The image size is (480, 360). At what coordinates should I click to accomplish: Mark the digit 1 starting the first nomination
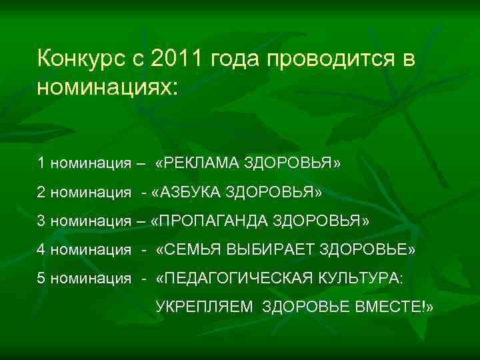41,163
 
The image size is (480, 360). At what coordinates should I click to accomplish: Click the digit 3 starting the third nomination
41,221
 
